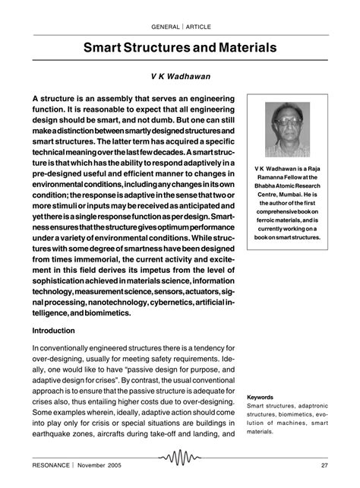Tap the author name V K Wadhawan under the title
point(179,77)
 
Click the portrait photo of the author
point(286,130)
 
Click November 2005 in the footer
point(109,464)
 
